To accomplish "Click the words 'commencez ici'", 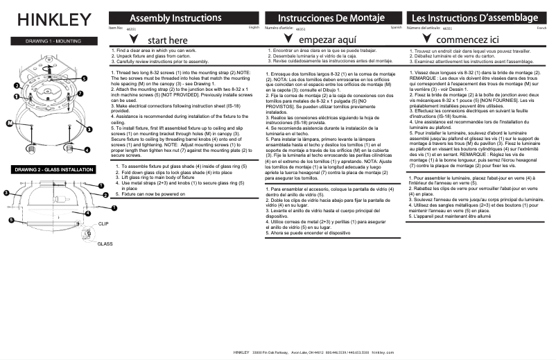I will point(464,40).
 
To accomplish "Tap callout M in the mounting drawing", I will point(10,123).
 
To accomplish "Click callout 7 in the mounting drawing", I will point(80,93).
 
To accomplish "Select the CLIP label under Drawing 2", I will point(103,224).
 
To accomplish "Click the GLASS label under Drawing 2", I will point(105,244).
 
